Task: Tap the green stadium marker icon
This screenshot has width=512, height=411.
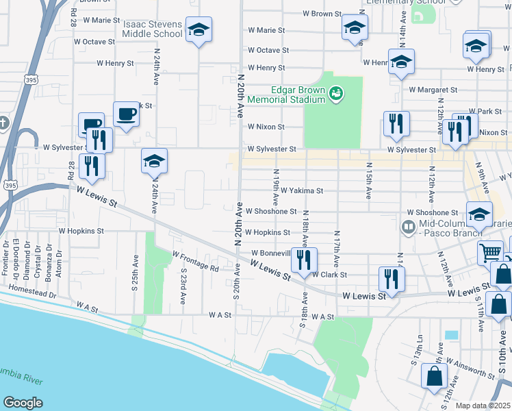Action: (335, 92)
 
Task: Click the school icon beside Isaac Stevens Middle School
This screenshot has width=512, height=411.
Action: (199, 29)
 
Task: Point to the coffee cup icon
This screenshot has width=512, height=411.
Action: (126, 114)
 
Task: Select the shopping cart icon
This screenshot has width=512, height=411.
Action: (491, 252)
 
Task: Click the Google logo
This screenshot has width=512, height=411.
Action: (23, 403)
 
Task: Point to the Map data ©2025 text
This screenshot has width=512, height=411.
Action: (483, 406)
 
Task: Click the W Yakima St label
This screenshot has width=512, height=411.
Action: (301, 190)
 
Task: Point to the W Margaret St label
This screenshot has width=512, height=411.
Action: (433, 90)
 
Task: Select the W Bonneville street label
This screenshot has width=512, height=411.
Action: (272, 253)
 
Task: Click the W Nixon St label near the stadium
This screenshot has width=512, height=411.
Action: (266, 127)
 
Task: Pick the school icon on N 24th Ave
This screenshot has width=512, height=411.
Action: (154, 161)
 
